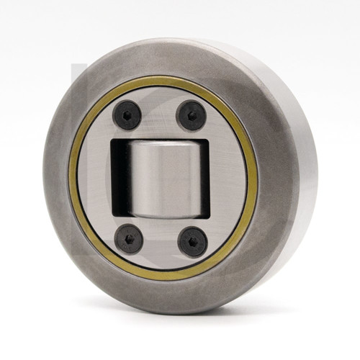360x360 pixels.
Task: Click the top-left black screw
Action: click(x=127, y=115)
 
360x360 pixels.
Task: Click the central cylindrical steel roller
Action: click(x=161, y=178)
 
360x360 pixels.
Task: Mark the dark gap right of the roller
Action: click(x=203, y=178)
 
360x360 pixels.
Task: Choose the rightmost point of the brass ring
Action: click(x=256, y=179)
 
